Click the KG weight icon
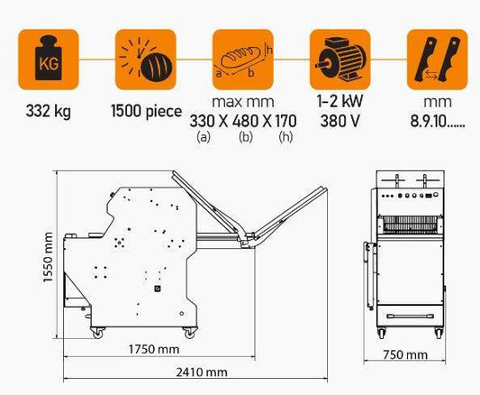point(49,60)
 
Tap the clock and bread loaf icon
point(146,60)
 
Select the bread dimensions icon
point(243,60)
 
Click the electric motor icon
point(340,60)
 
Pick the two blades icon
point(437,60)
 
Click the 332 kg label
point(49,111)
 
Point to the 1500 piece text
point(146,111)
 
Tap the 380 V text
point(340,121)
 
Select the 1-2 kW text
point(340,101)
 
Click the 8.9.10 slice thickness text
point(438,122)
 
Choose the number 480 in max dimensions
point(245,121)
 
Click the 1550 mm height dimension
point(48,257)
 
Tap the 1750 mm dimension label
point(154,349)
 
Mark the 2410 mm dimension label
point(202,372)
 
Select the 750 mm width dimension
point(405,354)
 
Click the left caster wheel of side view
point(97,333)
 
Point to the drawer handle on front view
point(410,317)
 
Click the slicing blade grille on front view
point(410,224)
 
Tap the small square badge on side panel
point(158,289)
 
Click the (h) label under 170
point(285,137)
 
